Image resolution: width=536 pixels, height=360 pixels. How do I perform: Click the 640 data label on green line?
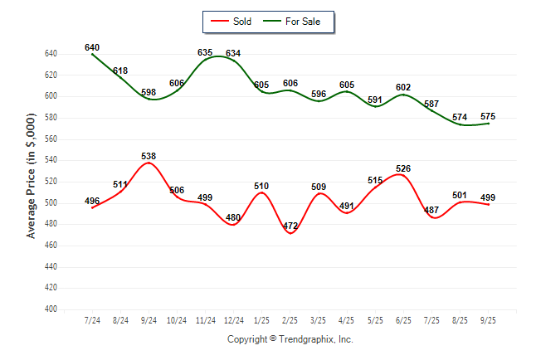click(92, 47)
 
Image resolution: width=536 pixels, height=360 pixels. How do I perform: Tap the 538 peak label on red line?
click(149, 156)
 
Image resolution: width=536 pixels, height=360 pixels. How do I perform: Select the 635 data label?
click(205, 52)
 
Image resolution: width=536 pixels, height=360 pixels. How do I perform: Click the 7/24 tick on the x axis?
click(92, 320)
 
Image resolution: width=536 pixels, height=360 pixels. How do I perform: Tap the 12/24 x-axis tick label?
click(233, 320)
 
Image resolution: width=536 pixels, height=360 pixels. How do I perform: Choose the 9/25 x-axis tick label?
click(488, 320)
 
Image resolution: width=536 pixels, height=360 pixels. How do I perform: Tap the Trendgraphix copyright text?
click(290, 339)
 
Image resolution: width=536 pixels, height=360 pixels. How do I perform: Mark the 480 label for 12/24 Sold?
click(233, 218)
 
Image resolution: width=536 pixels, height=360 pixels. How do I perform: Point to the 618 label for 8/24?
click(120, 71)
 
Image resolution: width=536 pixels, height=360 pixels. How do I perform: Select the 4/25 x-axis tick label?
click(347, 320)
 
